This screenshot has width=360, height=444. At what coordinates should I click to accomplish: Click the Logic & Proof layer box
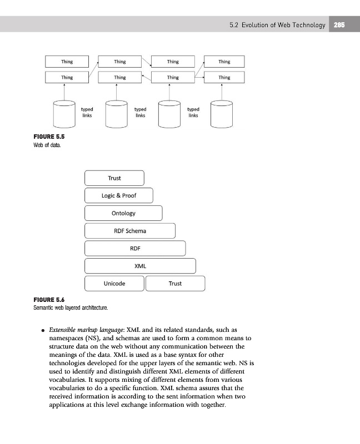pyautogui.click(x=118, y=195)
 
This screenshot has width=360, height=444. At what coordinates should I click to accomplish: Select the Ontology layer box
pyautogui.click(x=123, y=213)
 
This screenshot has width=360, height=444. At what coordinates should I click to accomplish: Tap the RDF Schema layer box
pyautogui.click(x=129, y=231)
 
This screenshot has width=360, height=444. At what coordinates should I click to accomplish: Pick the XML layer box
pyautogui.click(x=140, y=266)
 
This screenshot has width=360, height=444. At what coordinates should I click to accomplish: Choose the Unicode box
pyautogui.click(x=114, y=284)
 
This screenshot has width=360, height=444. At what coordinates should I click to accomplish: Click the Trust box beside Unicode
pyautogui.click(x=175, y=284)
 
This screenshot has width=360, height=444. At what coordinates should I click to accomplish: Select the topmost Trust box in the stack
pyautogui.click(x=114, y=178)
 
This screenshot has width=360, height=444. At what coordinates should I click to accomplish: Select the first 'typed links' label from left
pyautogui.click(x=87, y=113)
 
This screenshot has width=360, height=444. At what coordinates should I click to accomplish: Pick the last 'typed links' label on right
pyautogui.click(x=193, y=113)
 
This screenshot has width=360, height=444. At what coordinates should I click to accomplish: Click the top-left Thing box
pyautogui.click(x=67, y=62)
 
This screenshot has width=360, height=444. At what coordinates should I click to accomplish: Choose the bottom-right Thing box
pyautogui.click(x=224, y=77)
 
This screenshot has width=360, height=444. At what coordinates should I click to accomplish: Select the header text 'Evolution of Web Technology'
pyautogui.click(x=284, y=24)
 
